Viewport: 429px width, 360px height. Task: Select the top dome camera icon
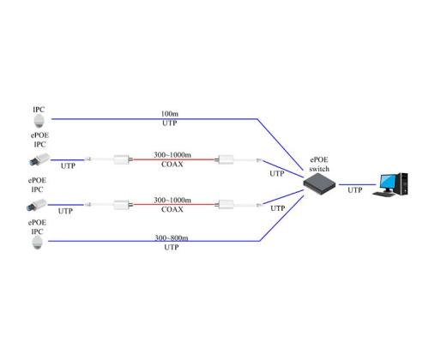coord(39,123)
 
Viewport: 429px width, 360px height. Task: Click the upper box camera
coord(39,160)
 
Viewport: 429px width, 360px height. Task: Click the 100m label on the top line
coord(170,114)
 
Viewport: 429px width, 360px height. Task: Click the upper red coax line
coord(176,159)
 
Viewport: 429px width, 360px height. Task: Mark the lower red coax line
coord(176,206)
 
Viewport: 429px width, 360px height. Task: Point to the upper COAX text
coord(170,166)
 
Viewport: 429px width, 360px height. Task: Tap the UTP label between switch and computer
coord(354,190)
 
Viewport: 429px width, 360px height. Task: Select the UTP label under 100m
coord(170,125)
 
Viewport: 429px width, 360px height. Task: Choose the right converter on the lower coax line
coord(227,206)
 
